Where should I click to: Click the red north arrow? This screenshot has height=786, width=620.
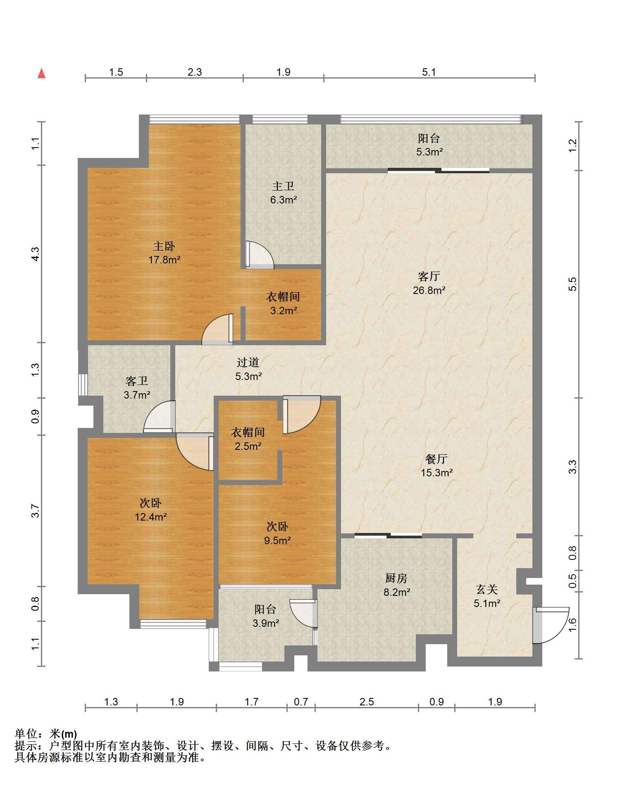click(x=41, y=73)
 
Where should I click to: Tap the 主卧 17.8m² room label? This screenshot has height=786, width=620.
click(x=165, y=253)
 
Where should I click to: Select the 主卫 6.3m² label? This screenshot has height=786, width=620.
click(x=284, y=193)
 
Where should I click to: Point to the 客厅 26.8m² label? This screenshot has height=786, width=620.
click(x=429, y=283)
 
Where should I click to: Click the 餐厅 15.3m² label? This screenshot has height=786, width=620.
click(x=436, y=466)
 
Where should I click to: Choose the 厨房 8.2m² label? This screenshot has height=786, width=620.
click(x=397, y=585)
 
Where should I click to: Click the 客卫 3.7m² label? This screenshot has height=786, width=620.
click(x=137, y=388)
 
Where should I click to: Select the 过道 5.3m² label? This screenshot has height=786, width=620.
click(x=248, y=369)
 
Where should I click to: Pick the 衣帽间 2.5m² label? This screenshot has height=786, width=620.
click(x=248, y=439)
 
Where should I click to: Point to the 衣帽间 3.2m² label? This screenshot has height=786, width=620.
click(x=283, y=303)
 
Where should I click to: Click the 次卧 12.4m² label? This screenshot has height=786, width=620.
click(x=150, y=510)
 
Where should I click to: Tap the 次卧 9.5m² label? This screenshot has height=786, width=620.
click(x=277, y=533)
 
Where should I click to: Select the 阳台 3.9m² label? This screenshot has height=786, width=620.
click(x=265, y=616)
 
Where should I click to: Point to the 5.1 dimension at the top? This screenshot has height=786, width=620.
click(x=429, y=72)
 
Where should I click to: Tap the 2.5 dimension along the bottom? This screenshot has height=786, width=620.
click(x=367, y=702)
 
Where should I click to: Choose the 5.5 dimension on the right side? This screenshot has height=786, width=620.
click(x=572, y=284)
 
